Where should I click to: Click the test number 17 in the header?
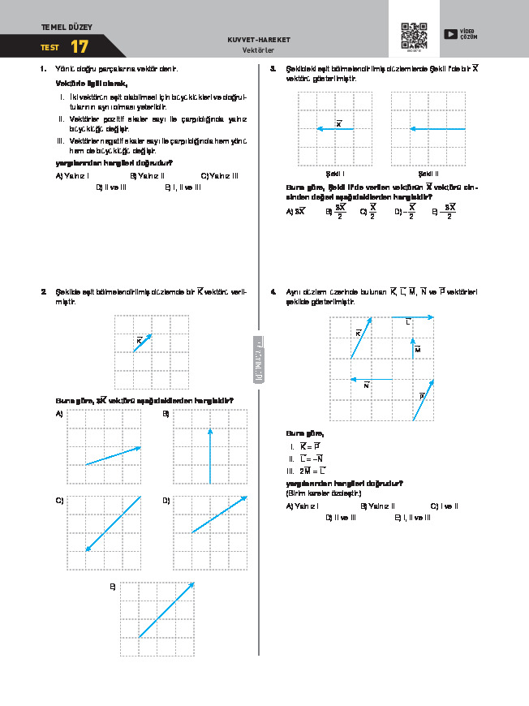pyautogui.click(x=79, y=47)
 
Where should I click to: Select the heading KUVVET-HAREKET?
pyautogui.click(x=260, y=40)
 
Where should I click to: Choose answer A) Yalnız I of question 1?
pyautogui.click(x=72, y=175)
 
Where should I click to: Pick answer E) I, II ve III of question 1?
pyautogui.click(x=183, y=187)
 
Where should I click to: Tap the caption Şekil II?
pyautogui.click(x=428, y=173)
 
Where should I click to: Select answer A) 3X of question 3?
pyautogui.click(x=295, y=211)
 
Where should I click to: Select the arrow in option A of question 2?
pyautogui.click(x=113, y=455)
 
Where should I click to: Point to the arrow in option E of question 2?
pyautogui.click(x=166, y=609)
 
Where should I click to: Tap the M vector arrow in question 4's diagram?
pyautogui.click(x=413, y=347)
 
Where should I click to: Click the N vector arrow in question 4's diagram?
pyautogui.click(x=371, y=379)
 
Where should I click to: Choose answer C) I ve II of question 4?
pyautogui.click(x=445, y=506)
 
